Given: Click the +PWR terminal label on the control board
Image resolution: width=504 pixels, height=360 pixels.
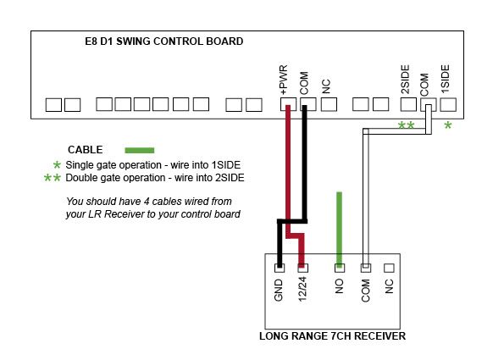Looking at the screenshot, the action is tap(284, 80).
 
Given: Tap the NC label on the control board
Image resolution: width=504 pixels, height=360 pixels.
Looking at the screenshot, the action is tap(326, 86).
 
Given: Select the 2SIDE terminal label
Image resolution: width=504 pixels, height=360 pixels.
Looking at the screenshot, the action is tap(406, 80).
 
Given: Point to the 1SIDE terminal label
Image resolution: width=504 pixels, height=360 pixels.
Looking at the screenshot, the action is tap(446, 79).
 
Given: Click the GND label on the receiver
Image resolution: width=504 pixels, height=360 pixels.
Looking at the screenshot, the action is tap(279, 290).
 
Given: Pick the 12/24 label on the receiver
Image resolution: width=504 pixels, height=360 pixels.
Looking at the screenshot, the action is tap(302, 290).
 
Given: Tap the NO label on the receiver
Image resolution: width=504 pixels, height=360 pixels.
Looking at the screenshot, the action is tap(339, 286).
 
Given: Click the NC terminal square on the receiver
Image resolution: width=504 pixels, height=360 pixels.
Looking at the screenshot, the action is tap(389, 268).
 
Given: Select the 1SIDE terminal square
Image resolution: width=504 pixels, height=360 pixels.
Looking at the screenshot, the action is tap(448, 104).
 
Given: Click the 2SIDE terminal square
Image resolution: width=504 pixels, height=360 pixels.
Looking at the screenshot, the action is tap(408, 104).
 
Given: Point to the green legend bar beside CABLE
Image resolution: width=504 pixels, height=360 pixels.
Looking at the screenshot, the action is tap(140, 150).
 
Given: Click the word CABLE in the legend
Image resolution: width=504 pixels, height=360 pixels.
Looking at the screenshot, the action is tap(86, 150).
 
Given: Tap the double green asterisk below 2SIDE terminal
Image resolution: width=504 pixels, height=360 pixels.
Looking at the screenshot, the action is tap(407, 125).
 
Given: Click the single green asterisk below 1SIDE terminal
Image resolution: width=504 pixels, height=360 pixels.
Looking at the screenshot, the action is tap(448, 125).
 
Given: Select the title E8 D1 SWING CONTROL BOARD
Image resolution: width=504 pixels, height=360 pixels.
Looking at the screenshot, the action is tap(164, 42).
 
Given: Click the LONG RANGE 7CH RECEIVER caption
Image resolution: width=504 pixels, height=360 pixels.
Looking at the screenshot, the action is tap(332, 336).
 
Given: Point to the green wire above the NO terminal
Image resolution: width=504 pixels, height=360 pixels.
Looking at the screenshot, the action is tap(339, 230).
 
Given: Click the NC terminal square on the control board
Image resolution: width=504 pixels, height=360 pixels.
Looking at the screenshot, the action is tap(330, 104).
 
